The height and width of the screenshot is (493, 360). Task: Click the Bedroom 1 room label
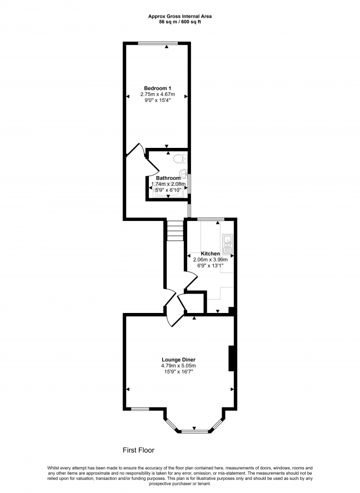click(157, 88)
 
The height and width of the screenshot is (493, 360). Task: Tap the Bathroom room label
click(168, 178)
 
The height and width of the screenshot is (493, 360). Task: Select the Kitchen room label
click(210, 253)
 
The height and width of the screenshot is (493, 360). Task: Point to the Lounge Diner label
click(178, 360)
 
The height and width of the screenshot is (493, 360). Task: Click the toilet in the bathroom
click(181, 159)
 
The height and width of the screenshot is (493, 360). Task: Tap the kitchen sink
click(227, 244)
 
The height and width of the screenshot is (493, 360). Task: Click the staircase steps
click(175, 230)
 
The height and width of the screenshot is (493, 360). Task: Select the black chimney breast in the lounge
click(231, 358)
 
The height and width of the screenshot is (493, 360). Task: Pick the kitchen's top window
click(210, 218)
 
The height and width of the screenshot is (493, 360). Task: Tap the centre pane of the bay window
click(194, 432)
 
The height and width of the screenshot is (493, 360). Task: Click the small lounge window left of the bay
click(140, 409)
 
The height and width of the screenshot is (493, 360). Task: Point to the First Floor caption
click(138, 450)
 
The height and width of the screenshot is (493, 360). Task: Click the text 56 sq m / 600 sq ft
click(180, 22)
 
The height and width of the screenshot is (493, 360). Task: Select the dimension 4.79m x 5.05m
click(178, 366)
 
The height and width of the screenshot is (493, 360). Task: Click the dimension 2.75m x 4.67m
click(157, 94)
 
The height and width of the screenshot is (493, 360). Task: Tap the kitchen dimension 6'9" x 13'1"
click(210, 265)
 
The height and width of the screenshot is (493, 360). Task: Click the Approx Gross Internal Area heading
click(180, 17)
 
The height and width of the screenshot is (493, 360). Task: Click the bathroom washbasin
click(184, 172)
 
